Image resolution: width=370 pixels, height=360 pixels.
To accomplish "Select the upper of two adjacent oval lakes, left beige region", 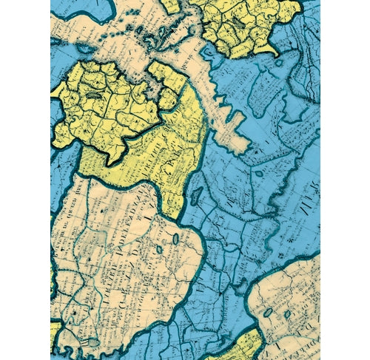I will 175,239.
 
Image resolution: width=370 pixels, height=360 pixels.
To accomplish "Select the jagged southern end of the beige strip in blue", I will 235,140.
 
